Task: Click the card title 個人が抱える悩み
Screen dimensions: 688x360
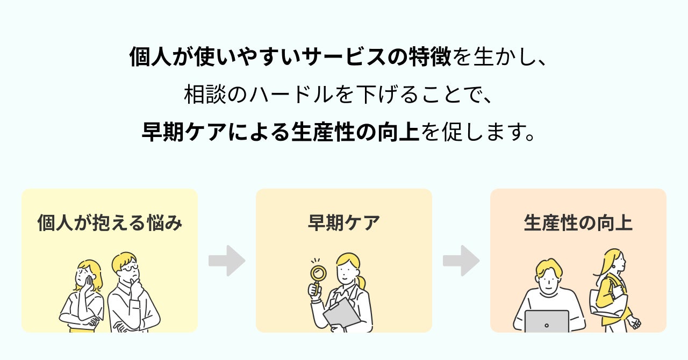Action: click(x=110, y=223)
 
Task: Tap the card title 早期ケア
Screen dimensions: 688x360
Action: click(x=343, y=223)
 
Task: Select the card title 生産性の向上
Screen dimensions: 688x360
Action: click(x=578, y=223)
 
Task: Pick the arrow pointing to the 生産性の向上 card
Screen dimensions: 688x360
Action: click(x=461, y=261)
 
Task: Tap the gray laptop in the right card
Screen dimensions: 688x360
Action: click(x=546, y=321)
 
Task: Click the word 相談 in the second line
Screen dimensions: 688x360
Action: click(x=202, y=95)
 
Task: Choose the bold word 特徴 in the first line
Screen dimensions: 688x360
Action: click(x=429, y=57)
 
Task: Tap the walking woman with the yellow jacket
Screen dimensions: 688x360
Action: click(x=613, y=290)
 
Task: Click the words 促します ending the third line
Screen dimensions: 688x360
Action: click(x=479, y=132)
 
